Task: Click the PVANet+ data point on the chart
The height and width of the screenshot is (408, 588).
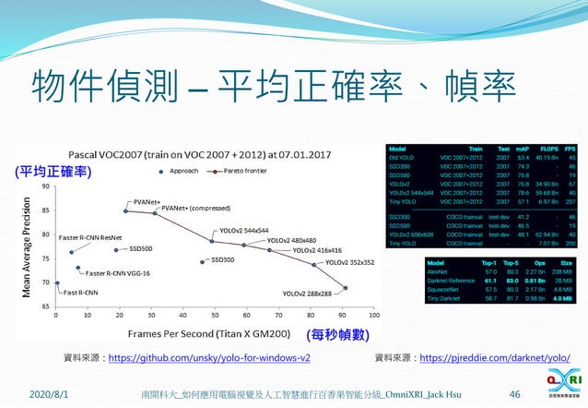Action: coord(126,210)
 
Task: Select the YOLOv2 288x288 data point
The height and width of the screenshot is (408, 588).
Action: coord(346,288)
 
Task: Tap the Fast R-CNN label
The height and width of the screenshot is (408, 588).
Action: coord(83,293)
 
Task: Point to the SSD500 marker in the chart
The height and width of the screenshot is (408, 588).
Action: coord(116,249)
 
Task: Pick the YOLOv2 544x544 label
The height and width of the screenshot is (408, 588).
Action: coord(243,231)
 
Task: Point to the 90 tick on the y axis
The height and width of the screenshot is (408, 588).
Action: coord(46,186)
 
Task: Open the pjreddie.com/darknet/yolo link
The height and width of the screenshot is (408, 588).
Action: coord(494,356)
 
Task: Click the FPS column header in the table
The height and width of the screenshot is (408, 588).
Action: coord(570,148)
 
